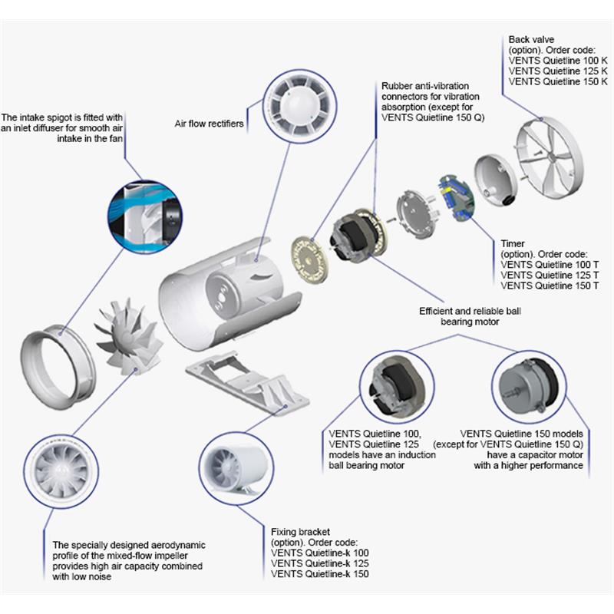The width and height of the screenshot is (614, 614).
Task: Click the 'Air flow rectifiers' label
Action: (210, 124)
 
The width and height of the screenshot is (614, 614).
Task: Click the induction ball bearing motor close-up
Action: (398, 384)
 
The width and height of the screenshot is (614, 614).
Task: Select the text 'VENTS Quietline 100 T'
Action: (543, 264)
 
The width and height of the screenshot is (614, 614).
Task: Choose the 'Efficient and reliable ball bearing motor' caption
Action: (458, 317)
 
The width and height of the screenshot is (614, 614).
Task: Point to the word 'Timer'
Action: (513, 243)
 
